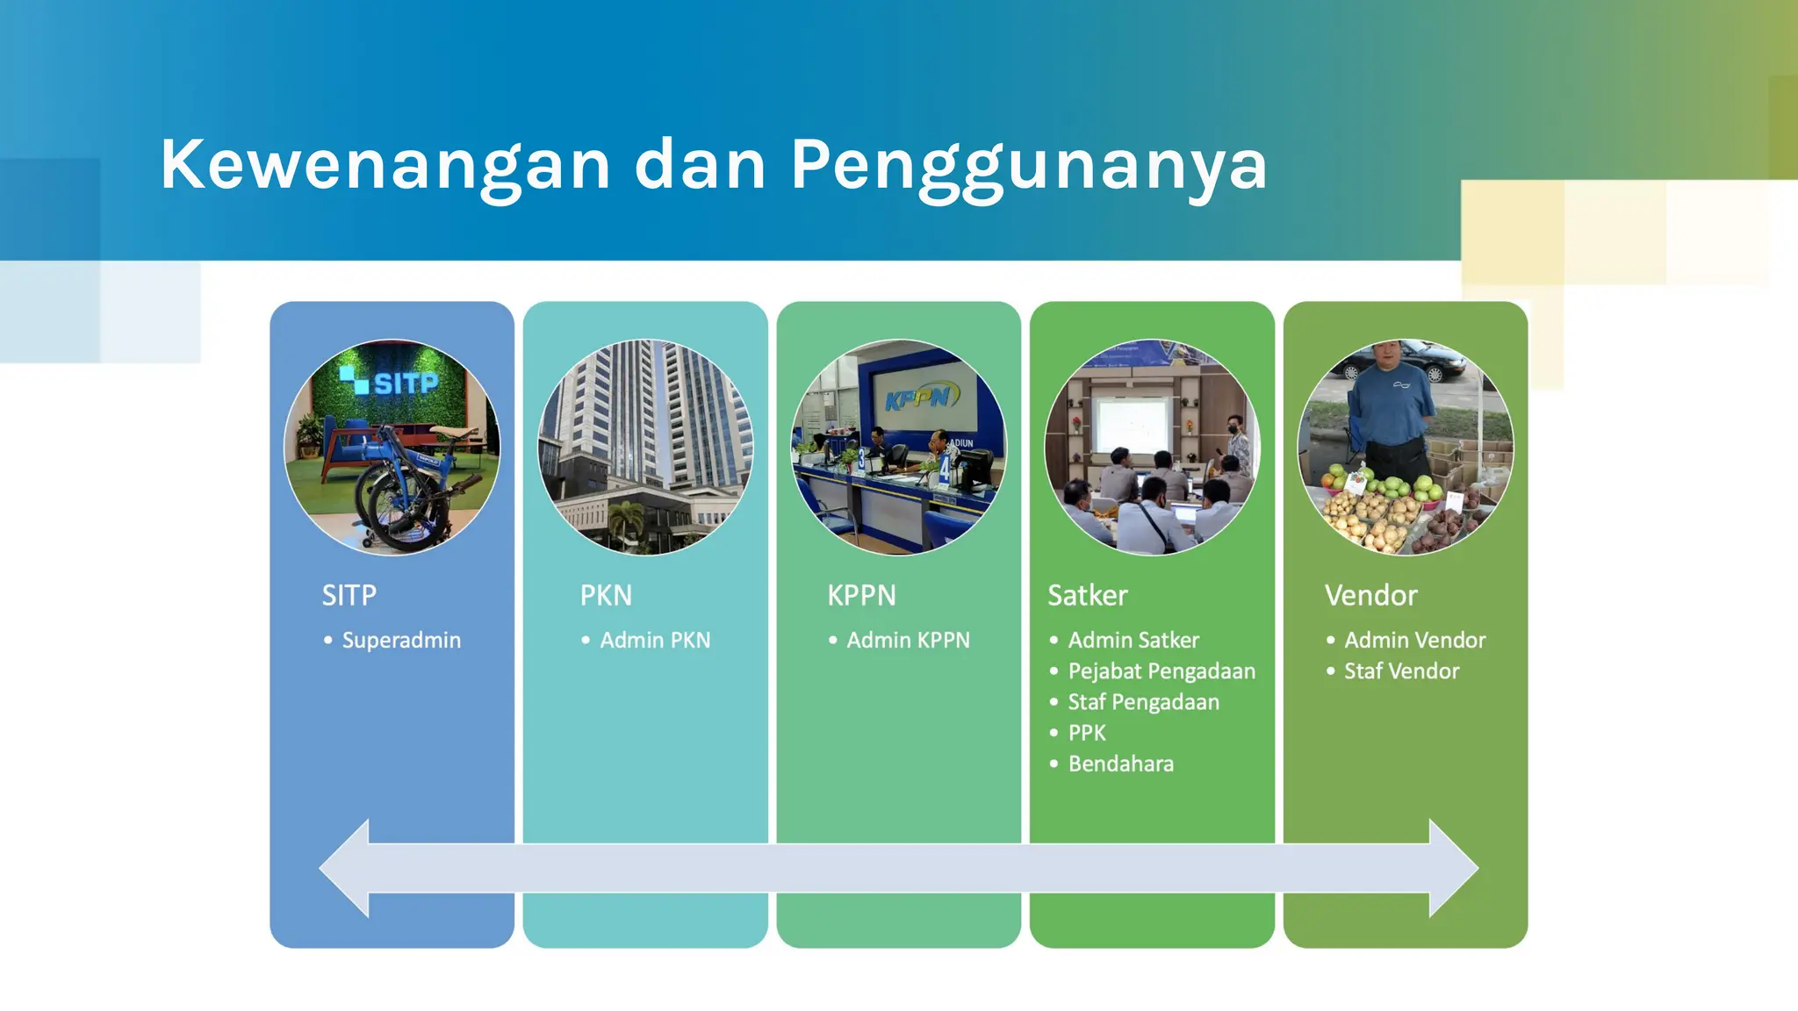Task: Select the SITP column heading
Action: coord(349,596)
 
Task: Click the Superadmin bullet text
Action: coord(400,641)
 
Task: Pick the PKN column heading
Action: coord(606,596)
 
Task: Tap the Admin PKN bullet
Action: coord(655,641)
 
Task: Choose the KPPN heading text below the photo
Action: coord(861,596)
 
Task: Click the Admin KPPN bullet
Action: coord(908,641)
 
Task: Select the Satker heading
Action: coord(1087,596)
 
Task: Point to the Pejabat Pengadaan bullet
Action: coord(1161,671)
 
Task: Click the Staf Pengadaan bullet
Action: coord(1143,702)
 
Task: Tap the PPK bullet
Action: coord(1087,733)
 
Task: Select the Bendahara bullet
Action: coord(1120,764)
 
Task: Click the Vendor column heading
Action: coord(1370,596)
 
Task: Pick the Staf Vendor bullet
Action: coord(1401,671)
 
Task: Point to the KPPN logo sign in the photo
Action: coord(917,398)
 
